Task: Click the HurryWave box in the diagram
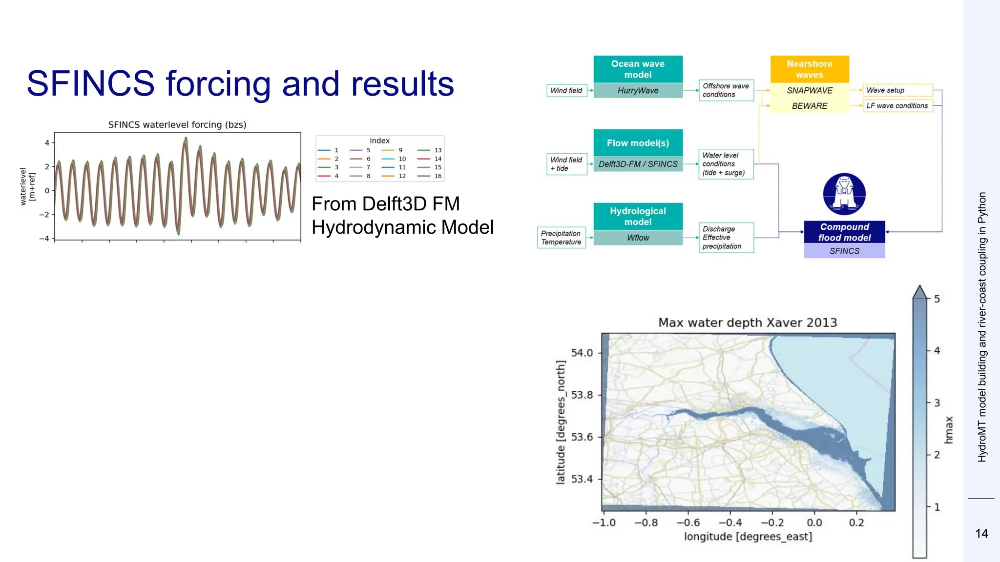coord(638,90)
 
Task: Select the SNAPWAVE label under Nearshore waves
coord(810,90)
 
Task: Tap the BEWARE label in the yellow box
coord(810,106)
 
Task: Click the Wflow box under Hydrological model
coord(638,238)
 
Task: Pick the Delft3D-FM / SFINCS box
coord(638,164)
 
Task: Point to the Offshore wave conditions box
coord(726,90)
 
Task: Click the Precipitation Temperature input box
coord(561,238)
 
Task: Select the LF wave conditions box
coord(897,105)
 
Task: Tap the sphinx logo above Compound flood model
coord(844,194)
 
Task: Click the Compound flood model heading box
coord(844,232)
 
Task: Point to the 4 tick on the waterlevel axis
coord(47,143)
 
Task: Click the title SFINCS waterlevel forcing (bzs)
coord(177,125)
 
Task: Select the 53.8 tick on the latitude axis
coord(582,395)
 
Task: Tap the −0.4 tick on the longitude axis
coord(730,522)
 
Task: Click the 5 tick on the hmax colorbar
coord(937,299)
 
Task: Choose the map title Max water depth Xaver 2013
coord(748,322)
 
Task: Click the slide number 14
coord(981,534)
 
